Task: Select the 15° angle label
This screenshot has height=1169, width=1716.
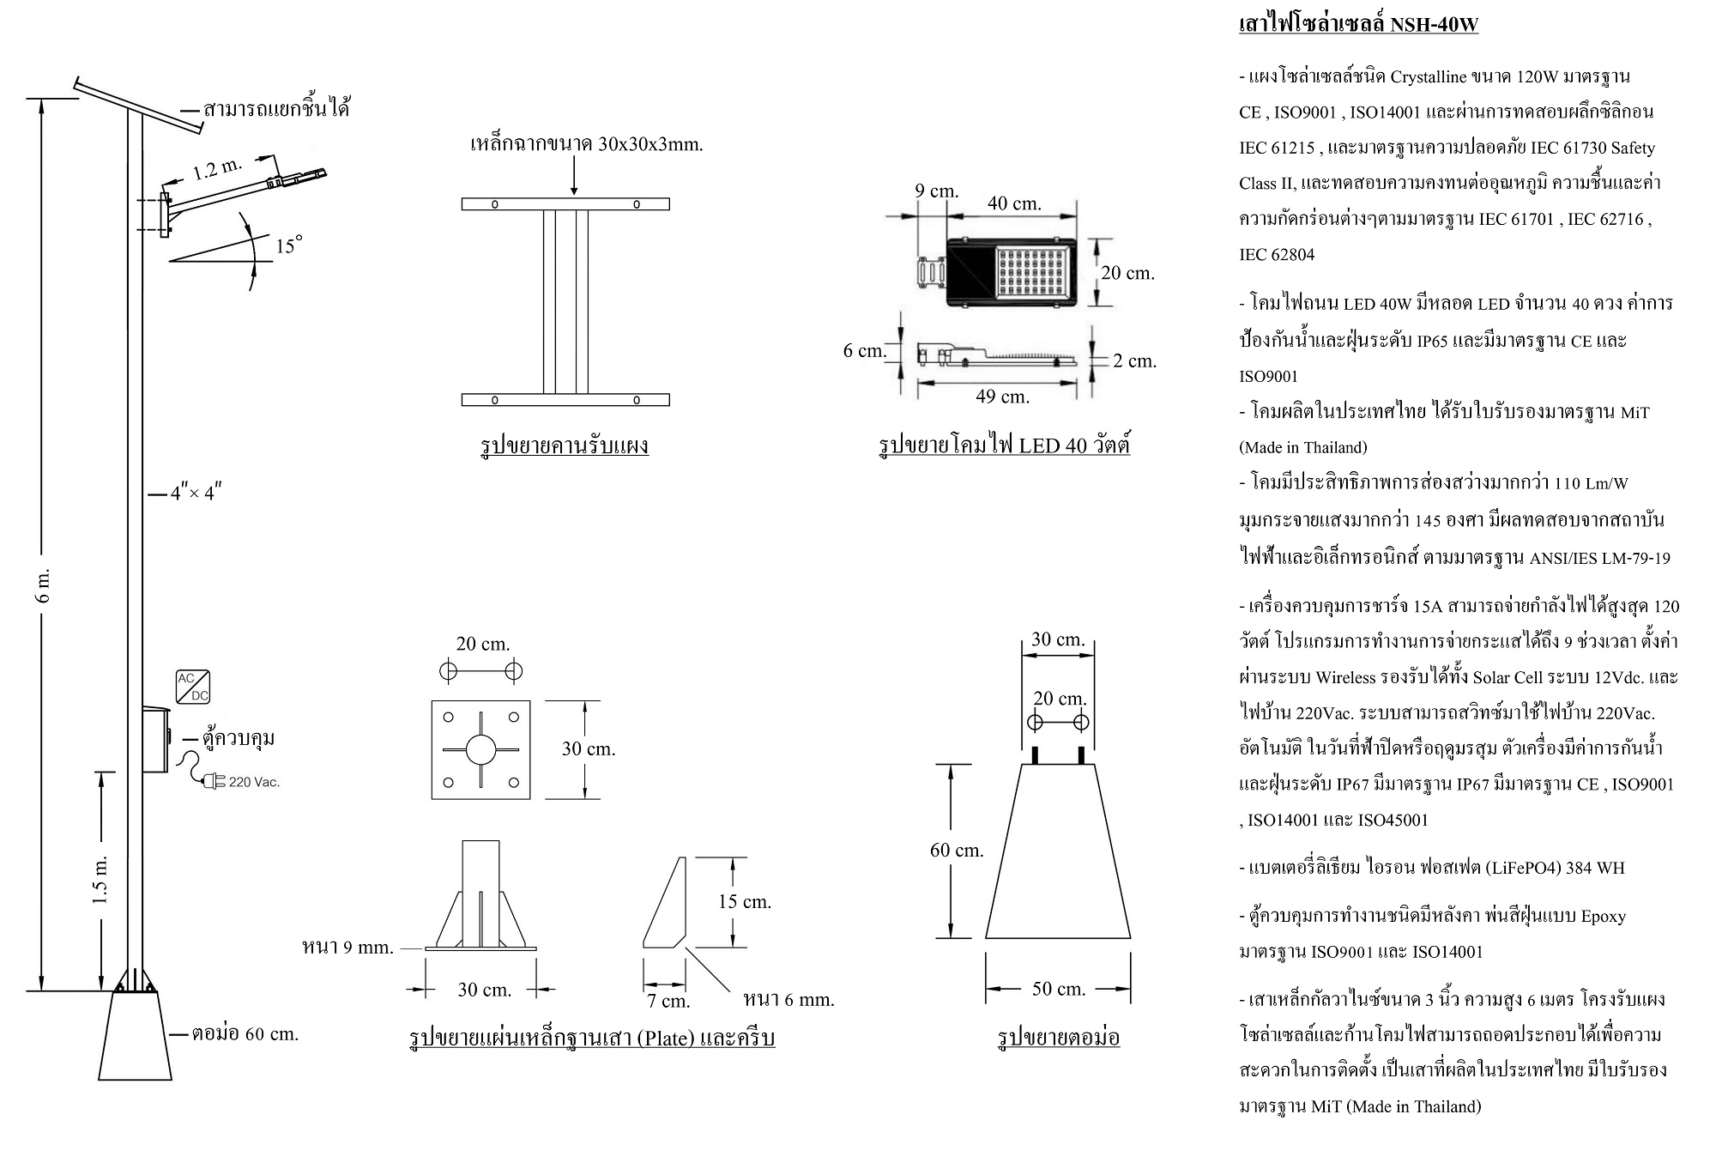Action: click(x=288, y=246)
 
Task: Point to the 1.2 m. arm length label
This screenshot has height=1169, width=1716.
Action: click(x=217, y=168)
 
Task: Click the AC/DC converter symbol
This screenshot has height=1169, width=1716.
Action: click(x=192, y=687)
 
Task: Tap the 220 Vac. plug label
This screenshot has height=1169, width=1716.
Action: click(x=254, y=782)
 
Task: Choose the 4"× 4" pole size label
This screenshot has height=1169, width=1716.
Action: click(x=196, y=494)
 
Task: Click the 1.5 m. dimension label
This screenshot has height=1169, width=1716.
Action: click(x=100, y=879)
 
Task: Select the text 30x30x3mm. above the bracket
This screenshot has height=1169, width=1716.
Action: click(x=650, y=144)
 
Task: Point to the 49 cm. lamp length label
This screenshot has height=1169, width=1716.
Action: click(x=1002, y=397)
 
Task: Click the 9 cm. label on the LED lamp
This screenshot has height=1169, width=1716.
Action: click(x=936, y=191)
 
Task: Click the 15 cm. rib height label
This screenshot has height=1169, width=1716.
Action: click(x=744, y=901)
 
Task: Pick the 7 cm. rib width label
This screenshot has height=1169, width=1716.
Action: click(x=669, y=1001)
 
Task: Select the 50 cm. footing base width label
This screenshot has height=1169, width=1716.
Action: click(x=1059, y=989)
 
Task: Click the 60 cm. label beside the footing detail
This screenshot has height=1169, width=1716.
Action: click(x=957, y=850)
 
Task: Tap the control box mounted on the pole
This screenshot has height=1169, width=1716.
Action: click(x=155, y=739)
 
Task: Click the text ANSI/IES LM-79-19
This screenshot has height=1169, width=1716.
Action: click(x=1599, y=559)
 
